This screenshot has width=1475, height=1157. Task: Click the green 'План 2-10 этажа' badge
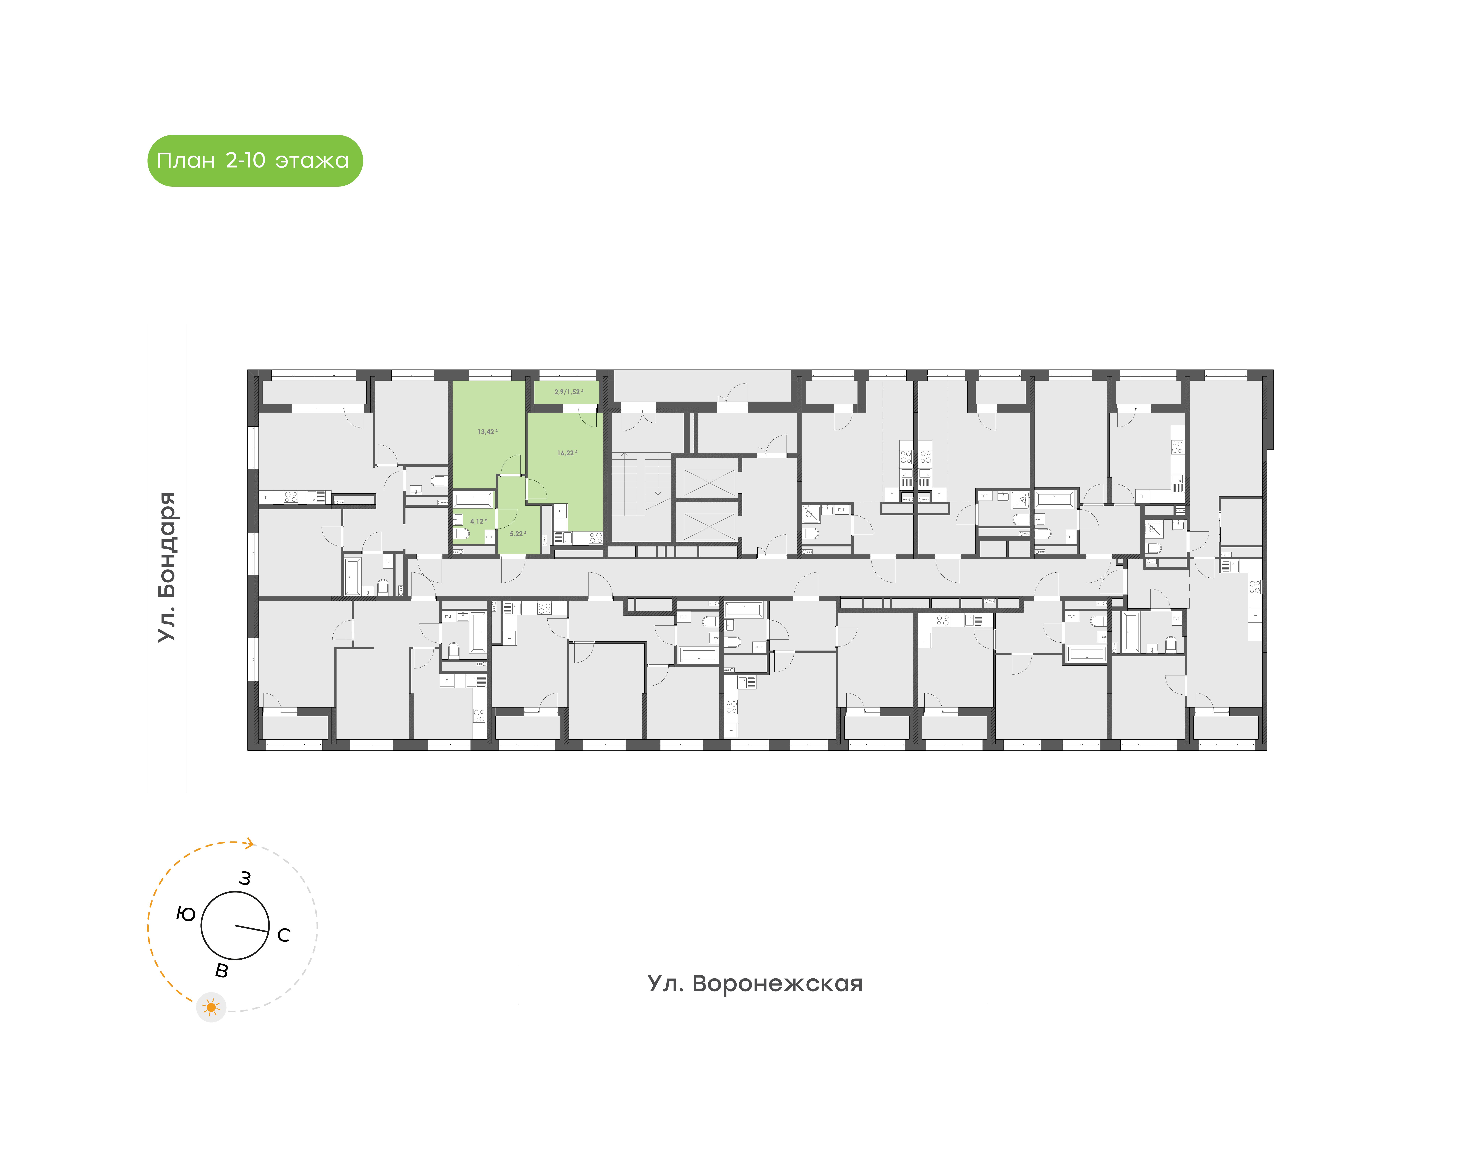(255, 161)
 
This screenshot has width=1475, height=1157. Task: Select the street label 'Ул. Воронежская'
(755, 983)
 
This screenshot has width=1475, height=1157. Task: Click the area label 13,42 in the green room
(486, 431)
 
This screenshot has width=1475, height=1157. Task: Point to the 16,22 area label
(566, 452)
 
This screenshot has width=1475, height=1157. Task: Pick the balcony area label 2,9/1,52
(568, 392)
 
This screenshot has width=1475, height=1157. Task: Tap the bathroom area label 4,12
(478, 521)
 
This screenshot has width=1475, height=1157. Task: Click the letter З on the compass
(245, 879)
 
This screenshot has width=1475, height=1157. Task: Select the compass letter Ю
(186, 914)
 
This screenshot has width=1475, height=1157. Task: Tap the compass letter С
(284, 935)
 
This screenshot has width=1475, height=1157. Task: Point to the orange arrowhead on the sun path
(250, 843)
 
